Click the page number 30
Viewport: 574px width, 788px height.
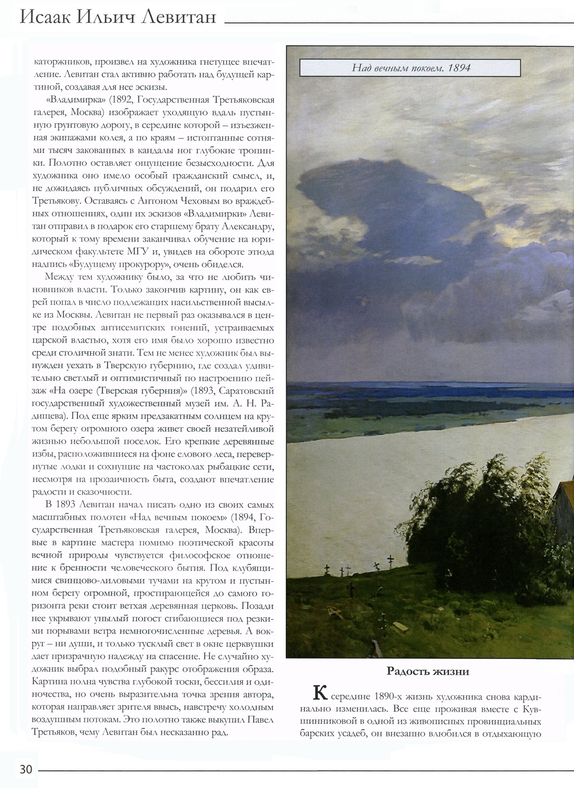(26, 769)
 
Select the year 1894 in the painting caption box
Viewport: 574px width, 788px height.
(459, 68)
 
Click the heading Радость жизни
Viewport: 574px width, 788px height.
(428, 671)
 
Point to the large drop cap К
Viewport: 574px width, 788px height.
(320, 694)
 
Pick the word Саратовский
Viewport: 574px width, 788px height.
(246, 391)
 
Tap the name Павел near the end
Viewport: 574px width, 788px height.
(260, 719)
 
